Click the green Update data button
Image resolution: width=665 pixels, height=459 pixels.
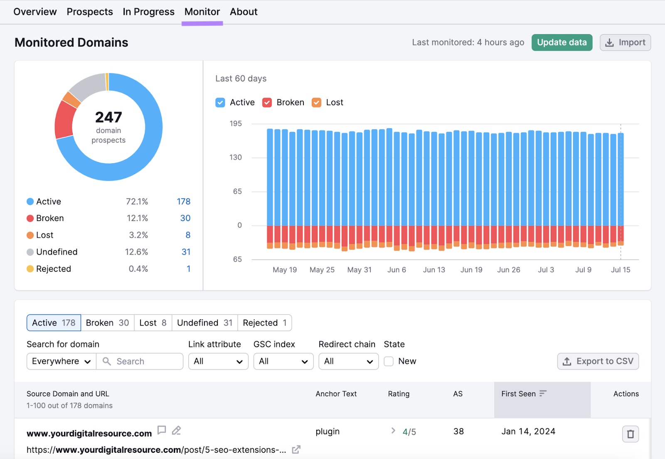562,42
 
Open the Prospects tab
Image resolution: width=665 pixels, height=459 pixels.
90,12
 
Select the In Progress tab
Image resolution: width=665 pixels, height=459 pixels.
148,12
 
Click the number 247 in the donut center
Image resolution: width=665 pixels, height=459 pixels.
108,117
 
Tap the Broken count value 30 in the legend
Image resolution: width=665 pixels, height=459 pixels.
185,218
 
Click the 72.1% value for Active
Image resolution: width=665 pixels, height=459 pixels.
137,201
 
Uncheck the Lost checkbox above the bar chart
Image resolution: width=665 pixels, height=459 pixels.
317,103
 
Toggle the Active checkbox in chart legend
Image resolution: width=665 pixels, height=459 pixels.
220,103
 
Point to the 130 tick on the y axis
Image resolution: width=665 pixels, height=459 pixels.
235,157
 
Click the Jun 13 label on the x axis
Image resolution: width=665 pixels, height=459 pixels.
434,270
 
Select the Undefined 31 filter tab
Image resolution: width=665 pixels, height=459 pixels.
204,323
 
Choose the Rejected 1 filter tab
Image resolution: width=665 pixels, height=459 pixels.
264,323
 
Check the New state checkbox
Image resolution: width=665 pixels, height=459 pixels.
389,361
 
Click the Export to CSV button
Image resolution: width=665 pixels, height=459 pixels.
598,361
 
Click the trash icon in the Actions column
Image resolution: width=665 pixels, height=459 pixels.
630,434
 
